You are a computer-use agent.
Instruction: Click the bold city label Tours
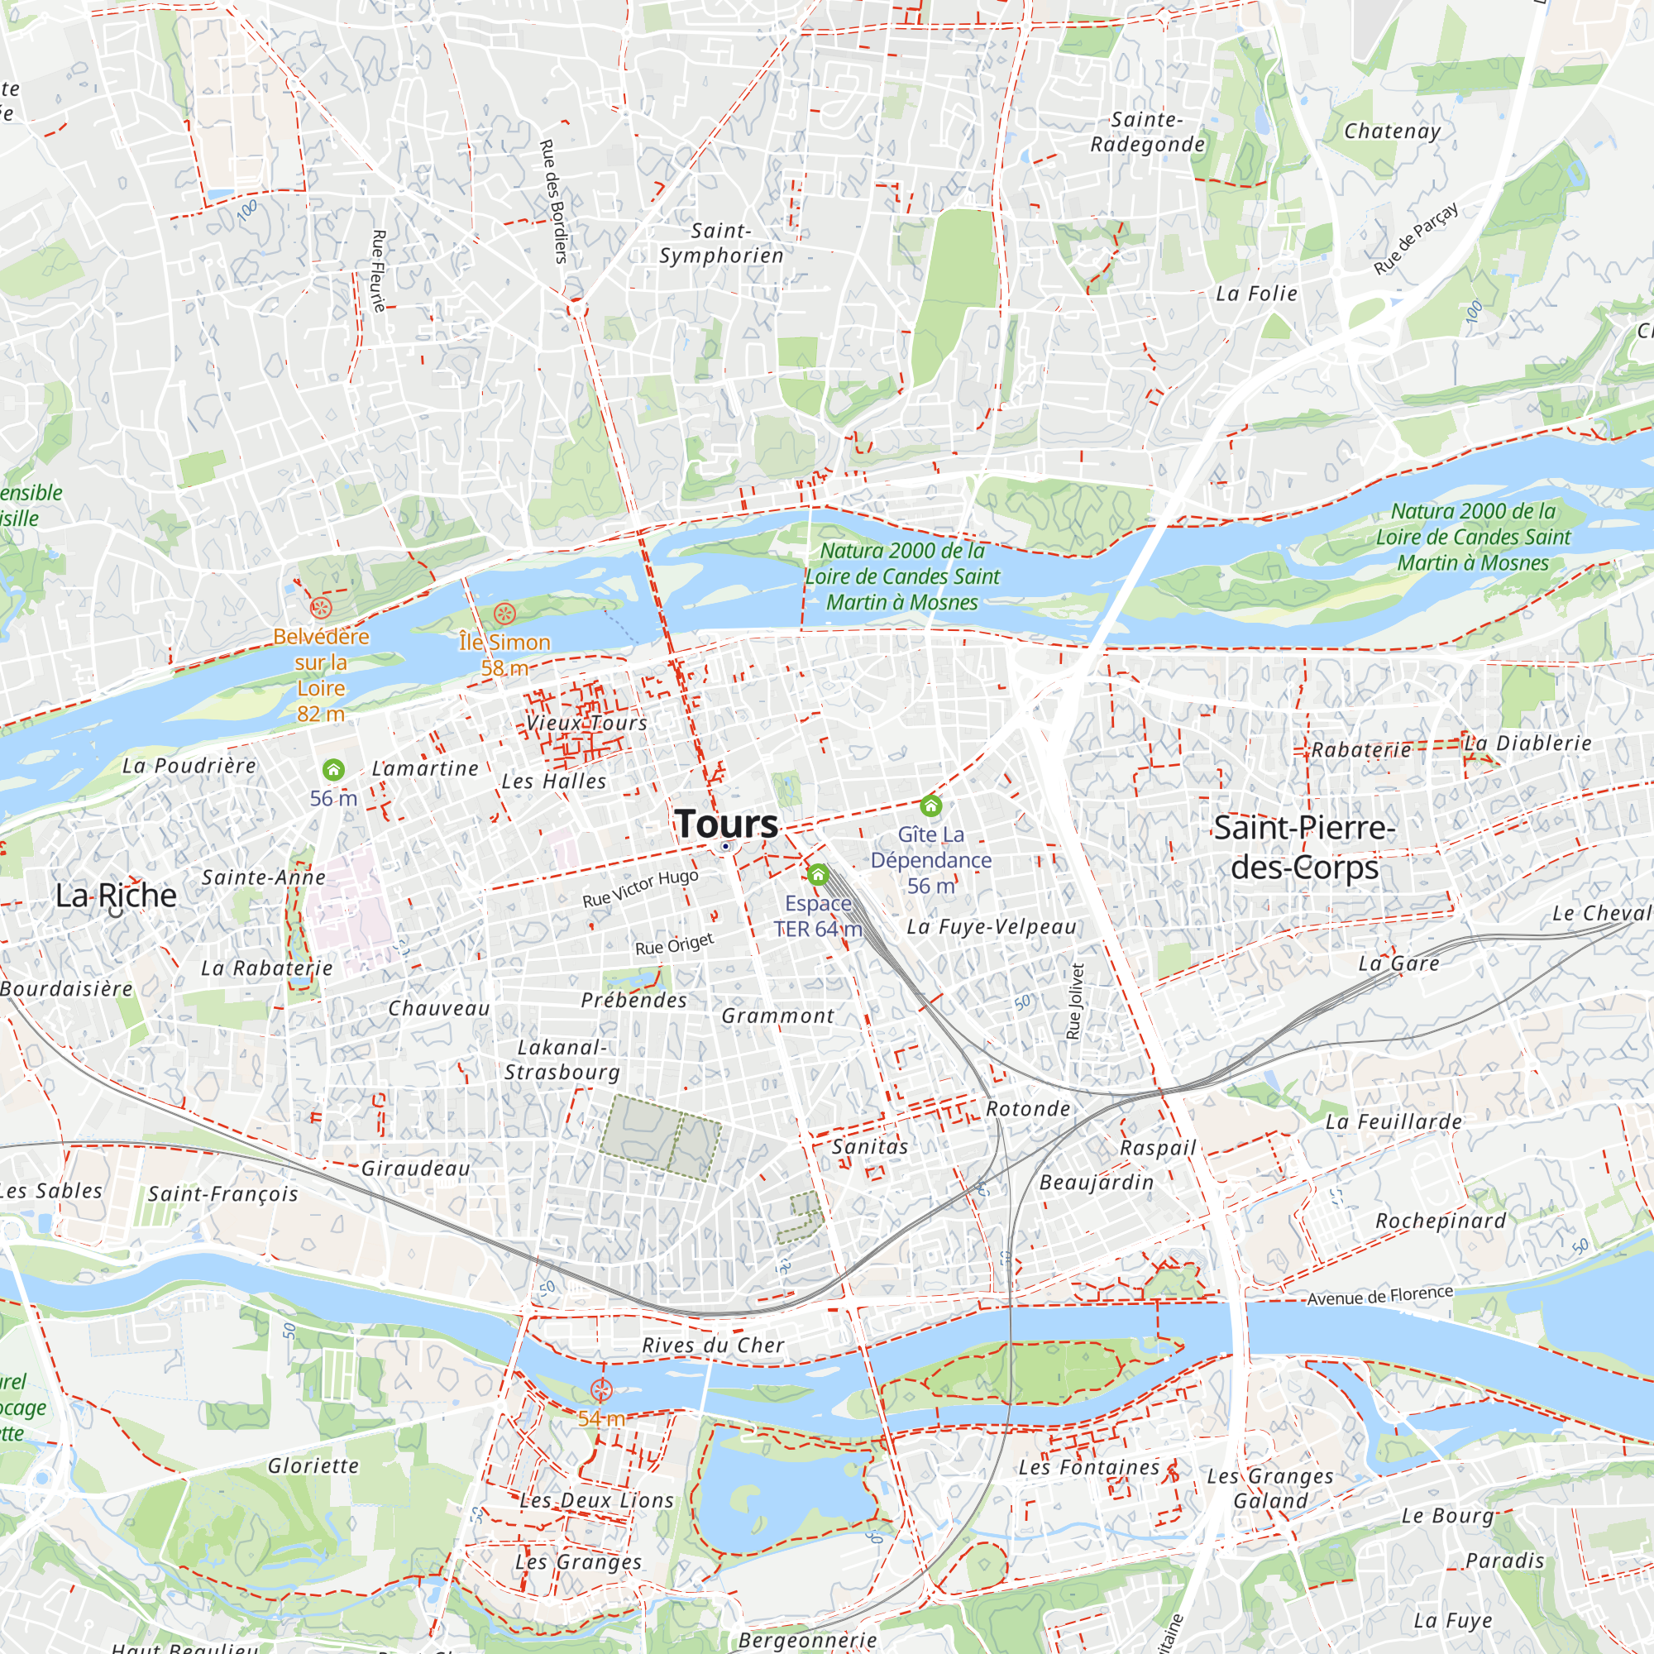click(x=726, y=824)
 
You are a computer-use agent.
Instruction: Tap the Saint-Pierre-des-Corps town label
click(x=1305, y=848)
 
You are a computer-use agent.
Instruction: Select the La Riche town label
click(x=116, y=896)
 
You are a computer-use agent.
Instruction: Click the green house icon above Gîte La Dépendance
click(x=930, y=805)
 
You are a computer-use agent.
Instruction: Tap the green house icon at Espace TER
click(x=818, y=874)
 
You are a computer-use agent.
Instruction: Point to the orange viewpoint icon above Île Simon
click(x=504, y=613)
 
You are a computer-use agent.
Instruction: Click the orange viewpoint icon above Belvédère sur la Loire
click(x=320, y=609)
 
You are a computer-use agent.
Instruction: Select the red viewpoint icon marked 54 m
click(x=602, y=1390)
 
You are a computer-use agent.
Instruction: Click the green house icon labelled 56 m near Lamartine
click(x=333, y=770)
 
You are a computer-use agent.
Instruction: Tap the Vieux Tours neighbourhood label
click(x=586, y=723)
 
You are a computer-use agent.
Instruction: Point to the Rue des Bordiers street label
click(x=554, y=201)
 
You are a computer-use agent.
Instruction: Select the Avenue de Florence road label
click(x=1379, y=1296)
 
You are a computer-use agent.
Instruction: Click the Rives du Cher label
click(x=713, y=1345)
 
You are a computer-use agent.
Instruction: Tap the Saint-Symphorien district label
click(x=721, y=243)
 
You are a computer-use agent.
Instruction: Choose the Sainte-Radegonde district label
click(x=1147, y=131)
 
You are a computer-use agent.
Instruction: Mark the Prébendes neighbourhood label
click(x=633, y=1000)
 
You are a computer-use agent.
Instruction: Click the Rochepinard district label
click(x=1440, y=1221)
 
